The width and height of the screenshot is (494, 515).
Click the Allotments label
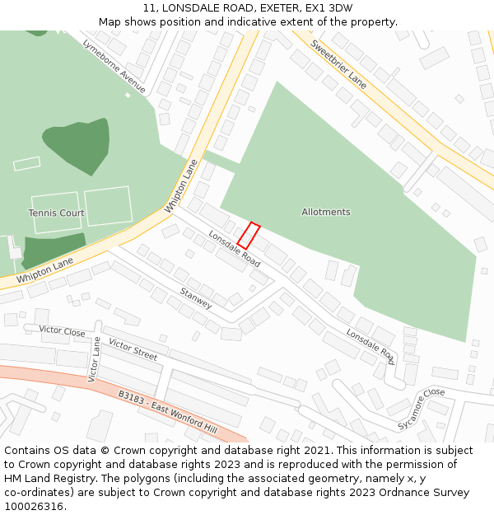(326, 212)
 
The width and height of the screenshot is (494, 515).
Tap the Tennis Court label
(56, 213)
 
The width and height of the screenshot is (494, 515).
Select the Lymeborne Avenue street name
(114, 66)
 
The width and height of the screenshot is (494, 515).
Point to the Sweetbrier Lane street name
(339, 64)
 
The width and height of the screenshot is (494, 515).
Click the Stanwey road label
(196, 298)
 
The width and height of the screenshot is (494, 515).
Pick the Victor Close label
(62, 331)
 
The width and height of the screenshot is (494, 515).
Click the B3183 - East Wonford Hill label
(167, 413)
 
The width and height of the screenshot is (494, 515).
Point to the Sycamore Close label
(421, 409)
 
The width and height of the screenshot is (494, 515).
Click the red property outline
(249, 236)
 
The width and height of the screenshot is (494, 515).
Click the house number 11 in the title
(149, 8)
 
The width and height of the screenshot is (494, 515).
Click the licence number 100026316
(35, 507)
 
